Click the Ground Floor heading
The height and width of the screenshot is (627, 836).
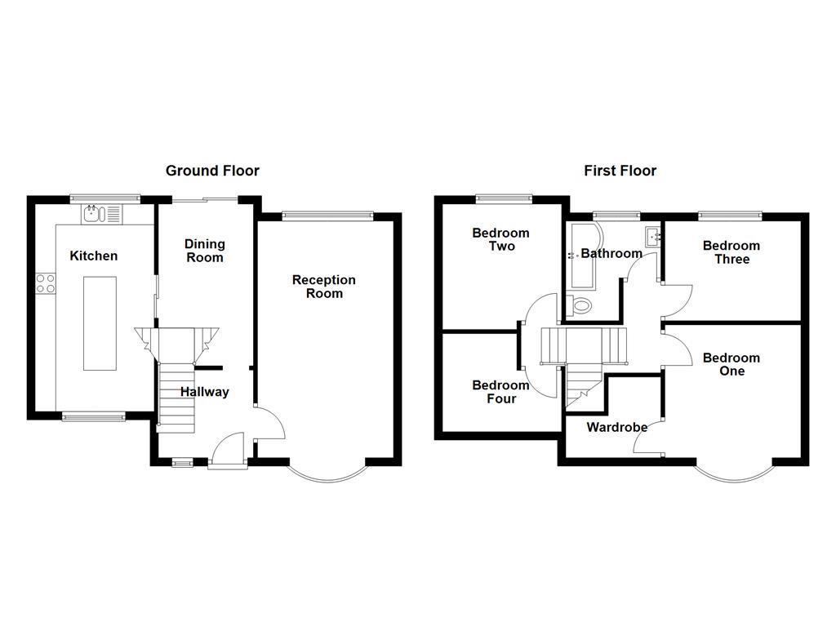coord(212,171)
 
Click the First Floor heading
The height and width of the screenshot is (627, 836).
coord(620,171)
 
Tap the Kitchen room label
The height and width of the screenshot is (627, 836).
coord(93,256)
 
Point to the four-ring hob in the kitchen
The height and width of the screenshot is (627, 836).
coord(46,283)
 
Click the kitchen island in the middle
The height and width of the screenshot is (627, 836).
coord(100,322)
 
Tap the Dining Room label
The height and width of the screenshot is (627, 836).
coord(204,251)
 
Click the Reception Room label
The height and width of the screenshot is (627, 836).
coord(324,287)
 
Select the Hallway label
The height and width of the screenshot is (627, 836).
coord(205,392)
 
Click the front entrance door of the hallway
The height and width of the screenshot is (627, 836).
coord(228,450)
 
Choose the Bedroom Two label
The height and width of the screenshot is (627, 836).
coord(500,239)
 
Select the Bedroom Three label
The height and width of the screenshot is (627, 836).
coord(731,252)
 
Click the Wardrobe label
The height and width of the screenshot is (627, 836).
coord(617,427)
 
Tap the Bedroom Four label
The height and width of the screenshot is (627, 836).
coord(500,392)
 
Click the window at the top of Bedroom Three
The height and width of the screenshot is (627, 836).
coord(730,216)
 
